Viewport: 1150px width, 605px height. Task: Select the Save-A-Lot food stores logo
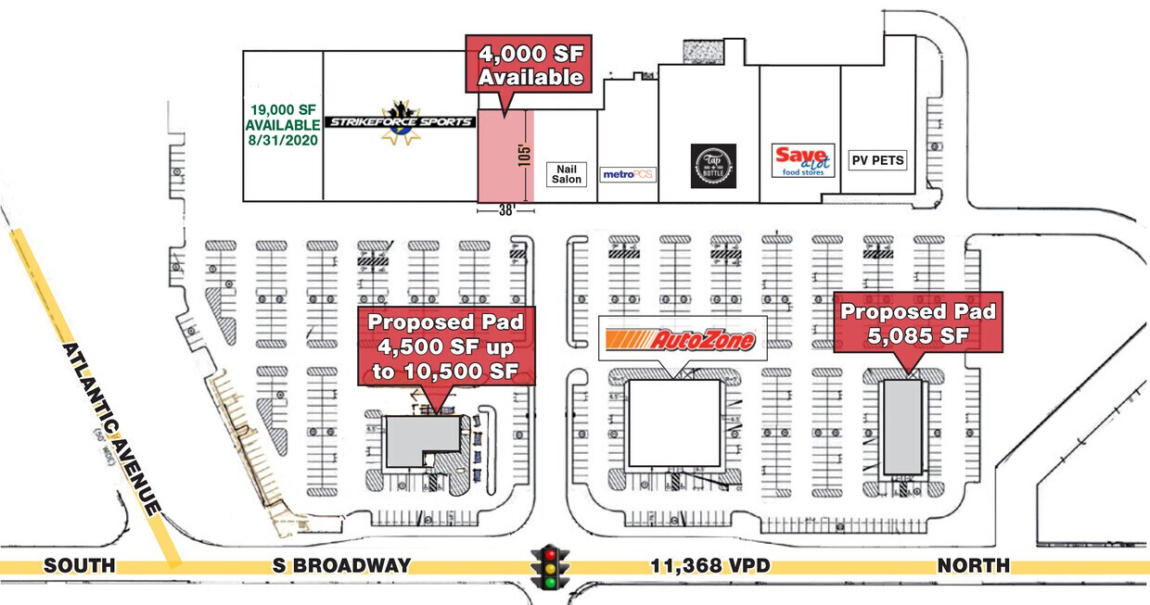point(803,160)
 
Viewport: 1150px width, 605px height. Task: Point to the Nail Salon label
point(566,174)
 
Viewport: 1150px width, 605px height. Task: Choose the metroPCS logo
point(628,173)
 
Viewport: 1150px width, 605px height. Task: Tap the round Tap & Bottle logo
point(713,166)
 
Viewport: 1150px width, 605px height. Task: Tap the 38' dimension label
point(505,210)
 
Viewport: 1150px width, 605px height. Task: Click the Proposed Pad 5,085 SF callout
point(917,323)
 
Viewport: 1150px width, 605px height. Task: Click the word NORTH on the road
point(972,565)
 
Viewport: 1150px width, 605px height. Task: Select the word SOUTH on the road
point(79,565)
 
